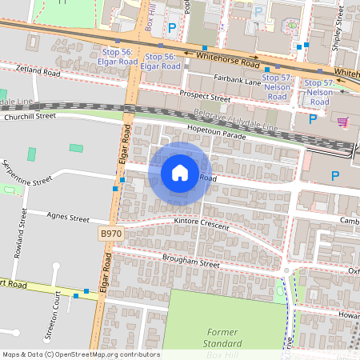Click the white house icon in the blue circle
pyautogui.click(x=180, y=173)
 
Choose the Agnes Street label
pyautogui.click(x=68, y=217)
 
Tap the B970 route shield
pyautogui.click(x=111, y=233)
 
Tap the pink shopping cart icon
pyautogui.click(x=342, y=122)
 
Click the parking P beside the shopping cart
pyautogui.click(x=313, y=119)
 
